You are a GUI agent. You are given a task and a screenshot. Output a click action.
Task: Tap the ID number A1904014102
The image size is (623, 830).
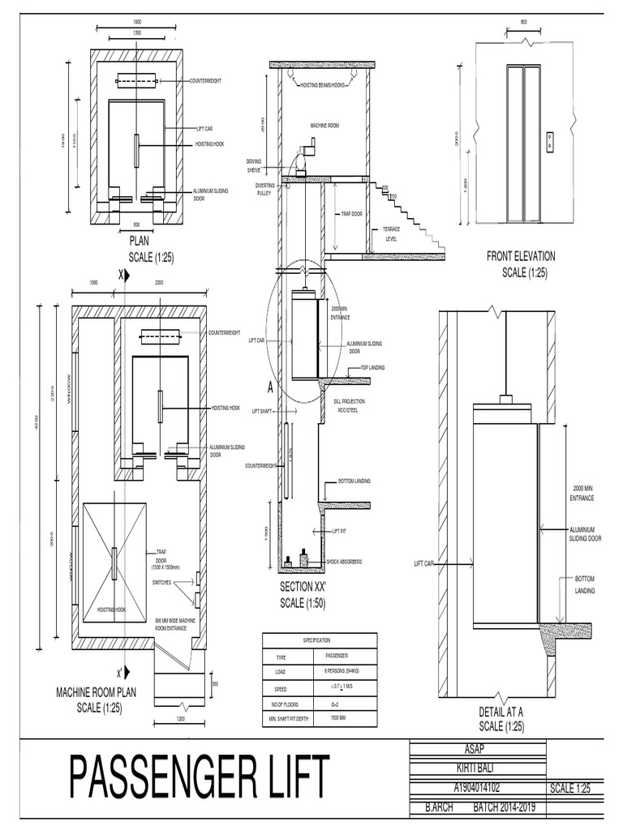pos(476,785)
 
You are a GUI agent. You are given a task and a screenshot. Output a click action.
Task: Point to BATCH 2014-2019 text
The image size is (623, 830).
pos(510,808)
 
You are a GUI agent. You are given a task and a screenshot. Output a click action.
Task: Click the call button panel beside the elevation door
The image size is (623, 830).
pos(551,139)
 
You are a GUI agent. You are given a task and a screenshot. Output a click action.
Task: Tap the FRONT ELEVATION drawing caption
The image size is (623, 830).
pos(521,256)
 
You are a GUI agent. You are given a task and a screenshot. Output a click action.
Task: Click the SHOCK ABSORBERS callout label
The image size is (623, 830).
pos(344,561)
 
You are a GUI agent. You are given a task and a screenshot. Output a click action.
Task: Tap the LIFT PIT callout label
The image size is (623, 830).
pos(340,531)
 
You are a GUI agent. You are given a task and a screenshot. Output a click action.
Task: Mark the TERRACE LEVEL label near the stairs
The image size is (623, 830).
pos(392,234)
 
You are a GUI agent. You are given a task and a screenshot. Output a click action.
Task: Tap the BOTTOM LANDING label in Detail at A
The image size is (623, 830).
pos(584,585)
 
